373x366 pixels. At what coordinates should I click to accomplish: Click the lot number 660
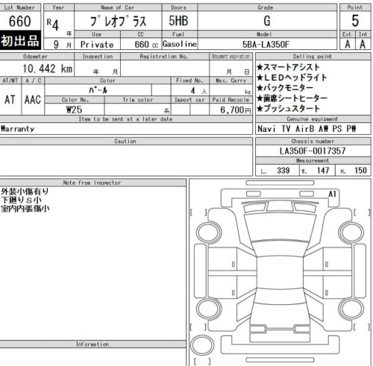point(21,22)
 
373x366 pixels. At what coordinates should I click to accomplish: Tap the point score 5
point(356,22)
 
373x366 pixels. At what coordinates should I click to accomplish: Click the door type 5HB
point(177,22)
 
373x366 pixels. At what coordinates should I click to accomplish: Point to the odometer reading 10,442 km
point(47,69)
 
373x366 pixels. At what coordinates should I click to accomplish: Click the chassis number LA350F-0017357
point(311,151)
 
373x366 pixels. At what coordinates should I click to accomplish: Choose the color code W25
point(74,110)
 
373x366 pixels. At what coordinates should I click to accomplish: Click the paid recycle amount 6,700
point(230,110)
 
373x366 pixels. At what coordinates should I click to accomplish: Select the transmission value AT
point(10,98)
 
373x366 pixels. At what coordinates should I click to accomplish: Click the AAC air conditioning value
point(32,98)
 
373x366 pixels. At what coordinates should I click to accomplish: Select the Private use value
point(96,44)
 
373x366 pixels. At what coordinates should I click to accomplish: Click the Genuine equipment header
point(311,119)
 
